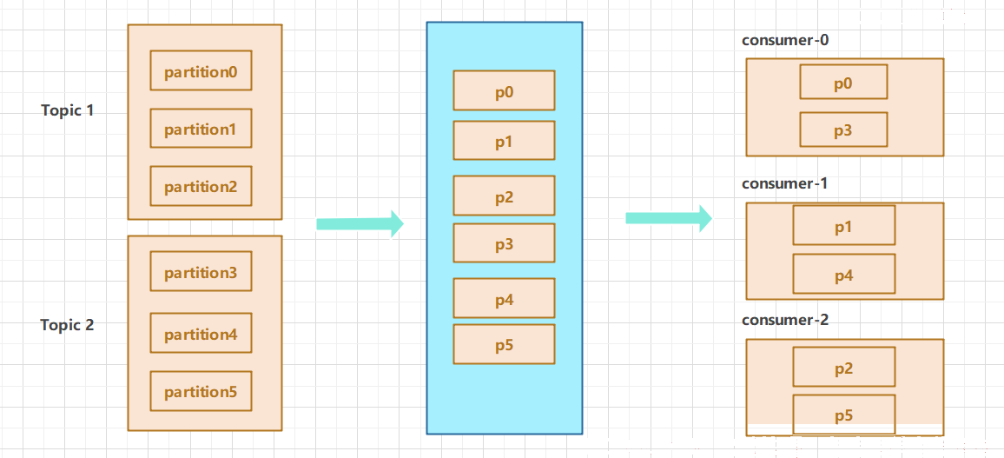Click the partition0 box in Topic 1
click(201, 70)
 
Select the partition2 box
click(201, 186)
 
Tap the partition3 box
click(201, 272)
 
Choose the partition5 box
click(201, 391)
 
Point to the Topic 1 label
click(68, 110)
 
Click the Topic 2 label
click(68, 325)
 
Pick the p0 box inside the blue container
click(504, 91)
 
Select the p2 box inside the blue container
click(504, 196)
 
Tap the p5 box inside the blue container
click(504, 345)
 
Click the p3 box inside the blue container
click(504, 242)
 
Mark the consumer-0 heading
click(785, 40)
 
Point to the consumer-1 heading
click(785, 184)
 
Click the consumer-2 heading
click(785, 320)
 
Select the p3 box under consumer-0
click(843, 129)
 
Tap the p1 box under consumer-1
click(844, 225)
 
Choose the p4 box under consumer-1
click(844, 274)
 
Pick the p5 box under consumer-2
click(844, 415)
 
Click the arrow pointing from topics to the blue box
click(360, 223)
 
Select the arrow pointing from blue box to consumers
click(669, 218)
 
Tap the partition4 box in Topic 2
click(201, 333)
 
